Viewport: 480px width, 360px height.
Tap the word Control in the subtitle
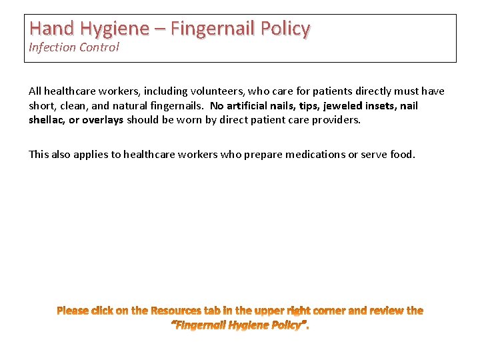[x=99, y=47]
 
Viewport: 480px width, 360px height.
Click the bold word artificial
[x=251, y=106]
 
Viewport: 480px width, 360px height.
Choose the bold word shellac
[x=46, y=120]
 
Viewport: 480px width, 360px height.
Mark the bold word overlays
[x=103, y=120]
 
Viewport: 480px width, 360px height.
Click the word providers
[x=335, y=120]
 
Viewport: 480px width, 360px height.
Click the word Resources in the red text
[x=177, y=311]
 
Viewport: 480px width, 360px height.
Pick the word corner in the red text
[x=329, y=311]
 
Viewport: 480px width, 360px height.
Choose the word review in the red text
[x=385, y=311]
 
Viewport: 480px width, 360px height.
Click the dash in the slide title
[x=159, y=29]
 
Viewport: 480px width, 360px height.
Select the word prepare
[x=262, y=155]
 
